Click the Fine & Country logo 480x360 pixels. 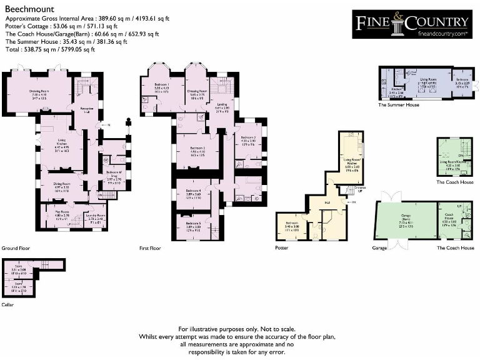pyautogui.click(x=412, y=24)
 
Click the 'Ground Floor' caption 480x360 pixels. pyautogui.click(x=16, y=248)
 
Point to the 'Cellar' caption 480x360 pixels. pyautogui.click(x=7, y=306)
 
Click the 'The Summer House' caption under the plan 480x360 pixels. pyautogui.click(x=399, y=104)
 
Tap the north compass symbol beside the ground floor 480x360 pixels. pyautogui.click(x=128, y=122)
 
